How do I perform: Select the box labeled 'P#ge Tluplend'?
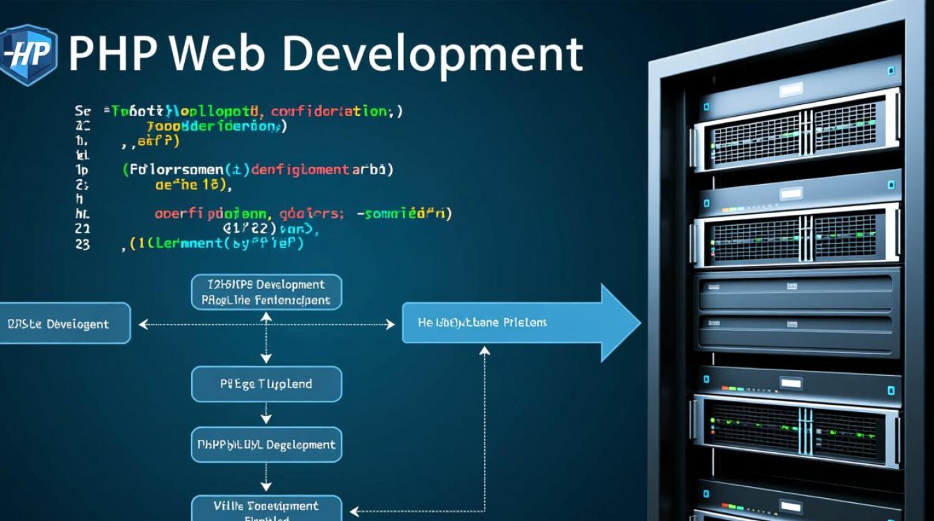266,384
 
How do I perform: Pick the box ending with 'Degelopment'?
266,445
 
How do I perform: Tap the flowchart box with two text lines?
266,292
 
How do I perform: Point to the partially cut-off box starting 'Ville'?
266,508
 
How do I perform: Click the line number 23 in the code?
82,244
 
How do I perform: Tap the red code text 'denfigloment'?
300,169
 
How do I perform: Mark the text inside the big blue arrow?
482,322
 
